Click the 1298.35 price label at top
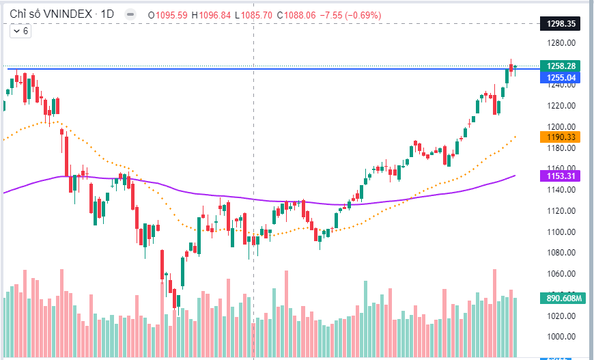[x=561, y=23]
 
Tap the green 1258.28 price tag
[x=561, y=66]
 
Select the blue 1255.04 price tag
[x=561, y=78]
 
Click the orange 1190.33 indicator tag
[x=561, y=137]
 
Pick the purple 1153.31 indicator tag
[x=561, y=176]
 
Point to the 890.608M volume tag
[x=563, y=298]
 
